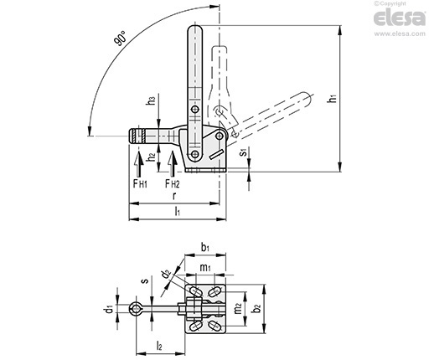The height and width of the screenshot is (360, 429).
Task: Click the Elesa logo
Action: pos(400,18)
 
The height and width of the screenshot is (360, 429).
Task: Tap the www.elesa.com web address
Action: pos(400,33)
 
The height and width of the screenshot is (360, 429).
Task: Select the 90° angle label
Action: pos(120,39)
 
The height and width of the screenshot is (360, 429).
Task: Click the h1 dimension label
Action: pos(333,98)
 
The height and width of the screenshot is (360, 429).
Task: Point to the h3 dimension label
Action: pos(151,100)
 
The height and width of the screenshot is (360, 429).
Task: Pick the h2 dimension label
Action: pos(151,157)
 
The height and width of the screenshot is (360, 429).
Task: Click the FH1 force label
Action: pos(140,183)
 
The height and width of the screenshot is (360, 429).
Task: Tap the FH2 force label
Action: pos(173,183)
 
